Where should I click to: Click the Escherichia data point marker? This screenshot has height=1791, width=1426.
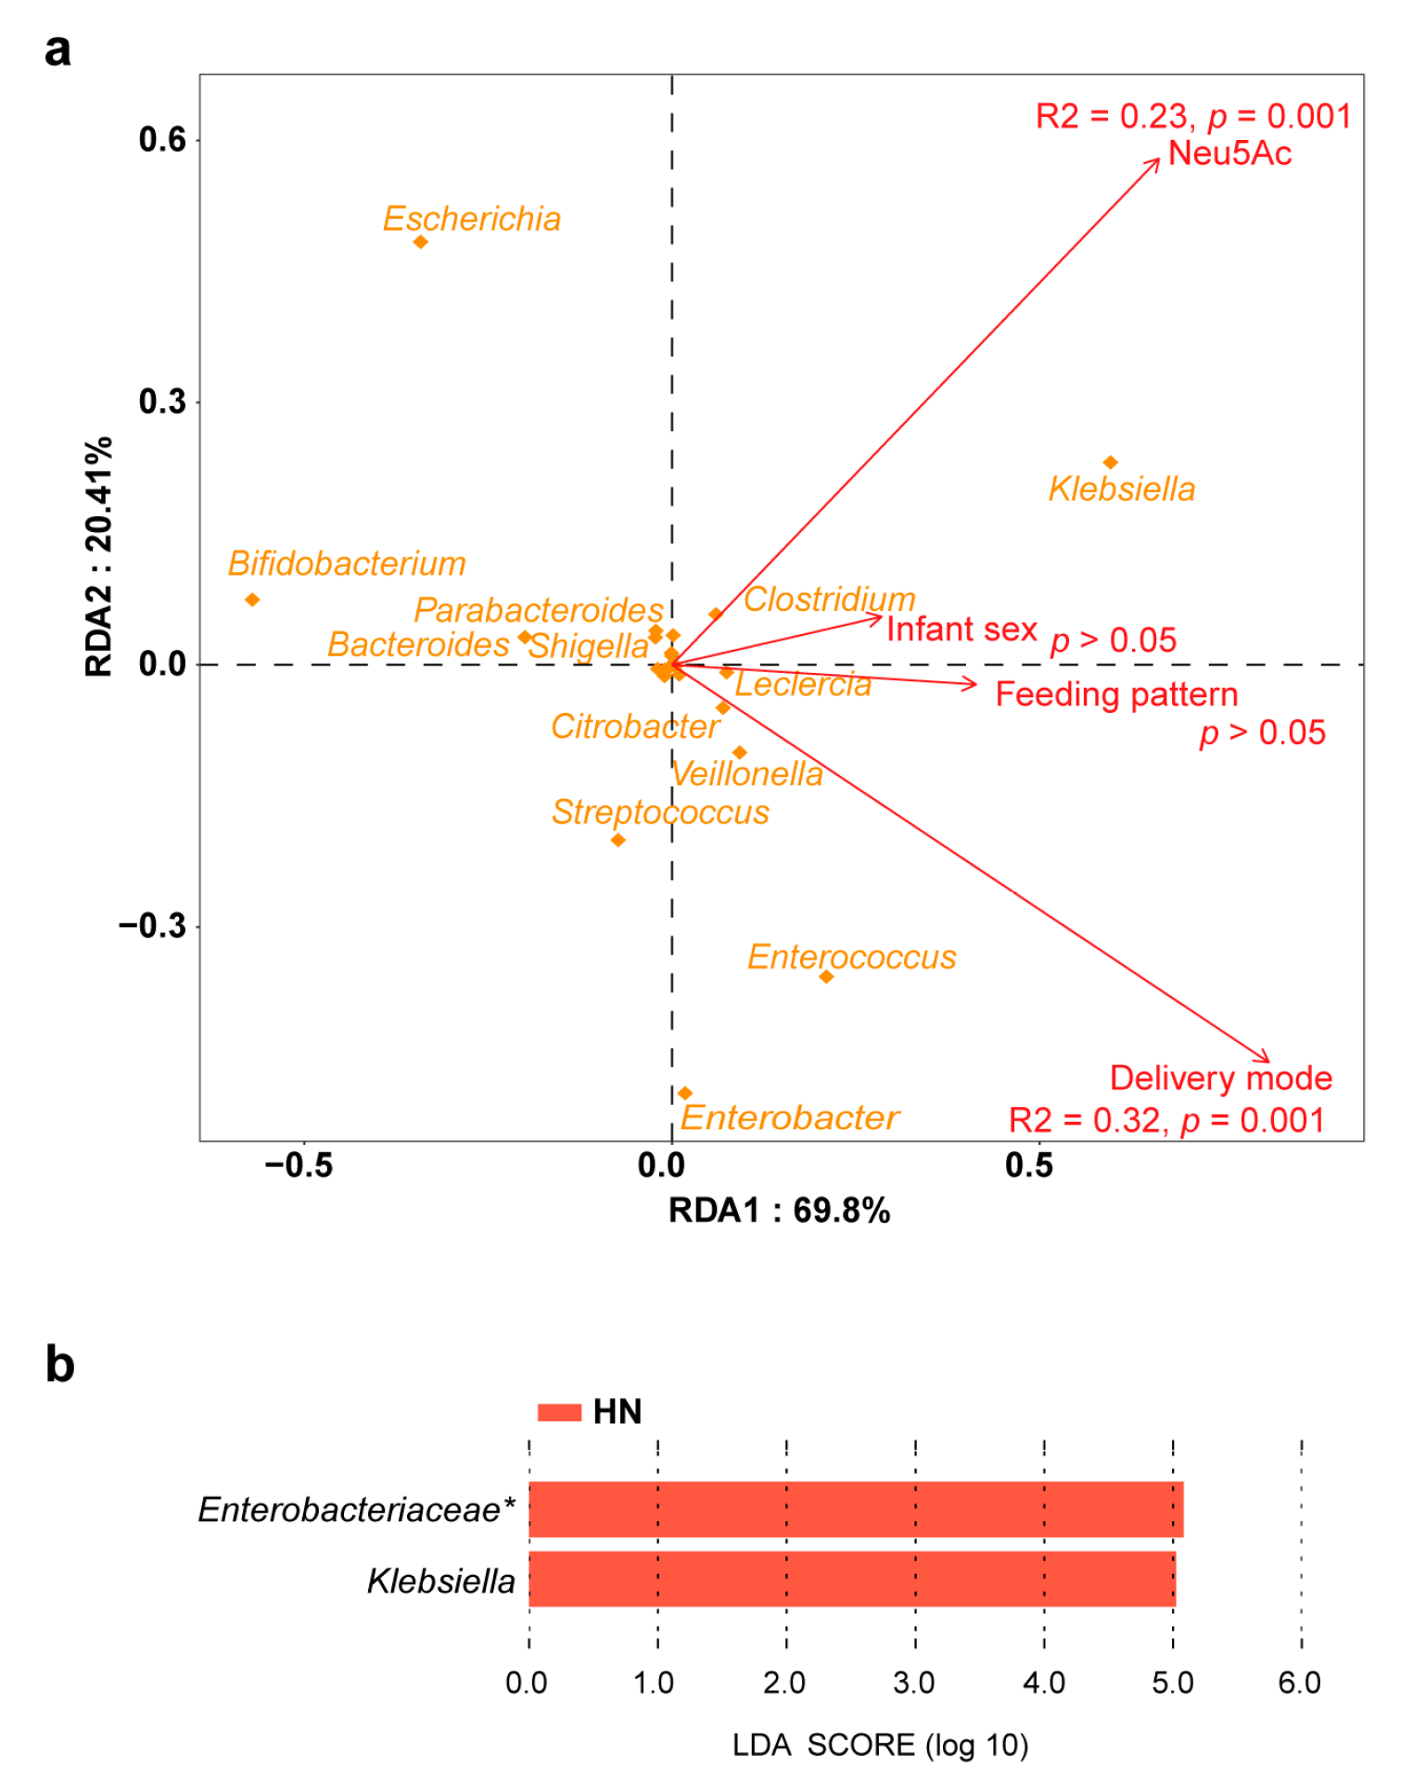pyautogui.click(x=420, y=242)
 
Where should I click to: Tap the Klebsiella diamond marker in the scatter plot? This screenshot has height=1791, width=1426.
pyautogui.click(x=1110, y=463)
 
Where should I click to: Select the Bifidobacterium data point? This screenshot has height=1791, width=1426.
pyautogui.click(x=252, y=600)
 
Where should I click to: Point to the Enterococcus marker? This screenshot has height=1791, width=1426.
pyautogui.click(x=826, y=976)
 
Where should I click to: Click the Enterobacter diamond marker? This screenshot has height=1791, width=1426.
pyautogui.click(x=685, y=1094)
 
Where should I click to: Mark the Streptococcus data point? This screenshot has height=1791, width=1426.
pyautogui.click(x=618, y=840)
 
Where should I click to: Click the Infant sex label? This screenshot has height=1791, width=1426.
pyautogui.click(x=961, y=629)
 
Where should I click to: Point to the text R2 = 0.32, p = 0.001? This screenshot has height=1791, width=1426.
pyautogui.click(x=1166, y=1120)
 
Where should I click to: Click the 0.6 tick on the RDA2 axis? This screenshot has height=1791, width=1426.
pyautogui.click(x=163, y=140)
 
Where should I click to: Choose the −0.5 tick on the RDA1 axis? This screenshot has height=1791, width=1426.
pyautogui.click(x=299, y=1164)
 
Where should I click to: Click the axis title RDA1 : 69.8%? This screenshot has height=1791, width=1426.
pyautogui.click(x=779, y=1210)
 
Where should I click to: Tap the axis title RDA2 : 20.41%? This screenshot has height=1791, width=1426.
pyautogui.click(x=99, y=556)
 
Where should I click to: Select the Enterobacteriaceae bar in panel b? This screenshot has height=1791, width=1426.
pyautogui.click(x=855, y=1509)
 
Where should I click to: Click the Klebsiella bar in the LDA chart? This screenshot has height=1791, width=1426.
pyautogui.click(x=851, y=1579)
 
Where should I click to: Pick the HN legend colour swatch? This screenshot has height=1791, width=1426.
pyautogui.click(x=559, y=1412)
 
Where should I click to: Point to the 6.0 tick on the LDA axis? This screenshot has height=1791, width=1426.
pyautogui.click(x=1299, y=1683)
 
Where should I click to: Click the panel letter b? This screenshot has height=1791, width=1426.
pyautogui.click(x=60, y=1365)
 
